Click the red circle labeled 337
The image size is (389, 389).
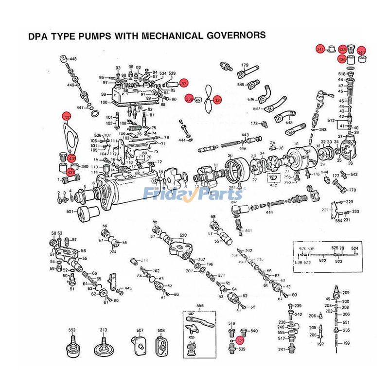[67, 117]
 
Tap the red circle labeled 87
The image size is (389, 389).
[183, 83]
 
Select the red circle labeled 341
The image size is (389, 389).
[319, 50]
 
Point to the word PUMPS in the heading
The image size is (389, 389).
[97, 35]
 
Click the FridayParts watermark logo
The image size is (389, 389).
[193, 195]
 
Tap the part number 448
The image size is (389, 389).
[73, 59]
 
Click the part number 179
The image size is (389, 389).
[245, 65]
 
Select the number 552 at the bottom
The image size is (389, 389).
[72, 330]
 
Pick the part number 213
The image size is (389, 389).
[104, 330]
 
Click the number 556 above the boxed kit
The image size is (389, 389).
[199, 306]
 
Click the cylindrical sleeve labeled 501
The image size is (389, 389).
[89, 213]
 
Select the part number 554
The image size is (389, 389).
[338, 221]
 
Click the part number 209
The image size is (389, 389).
[346, 293]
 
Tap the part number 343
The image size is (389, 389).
[322, 130]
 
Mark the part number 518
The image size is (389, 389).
[342, 73]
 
